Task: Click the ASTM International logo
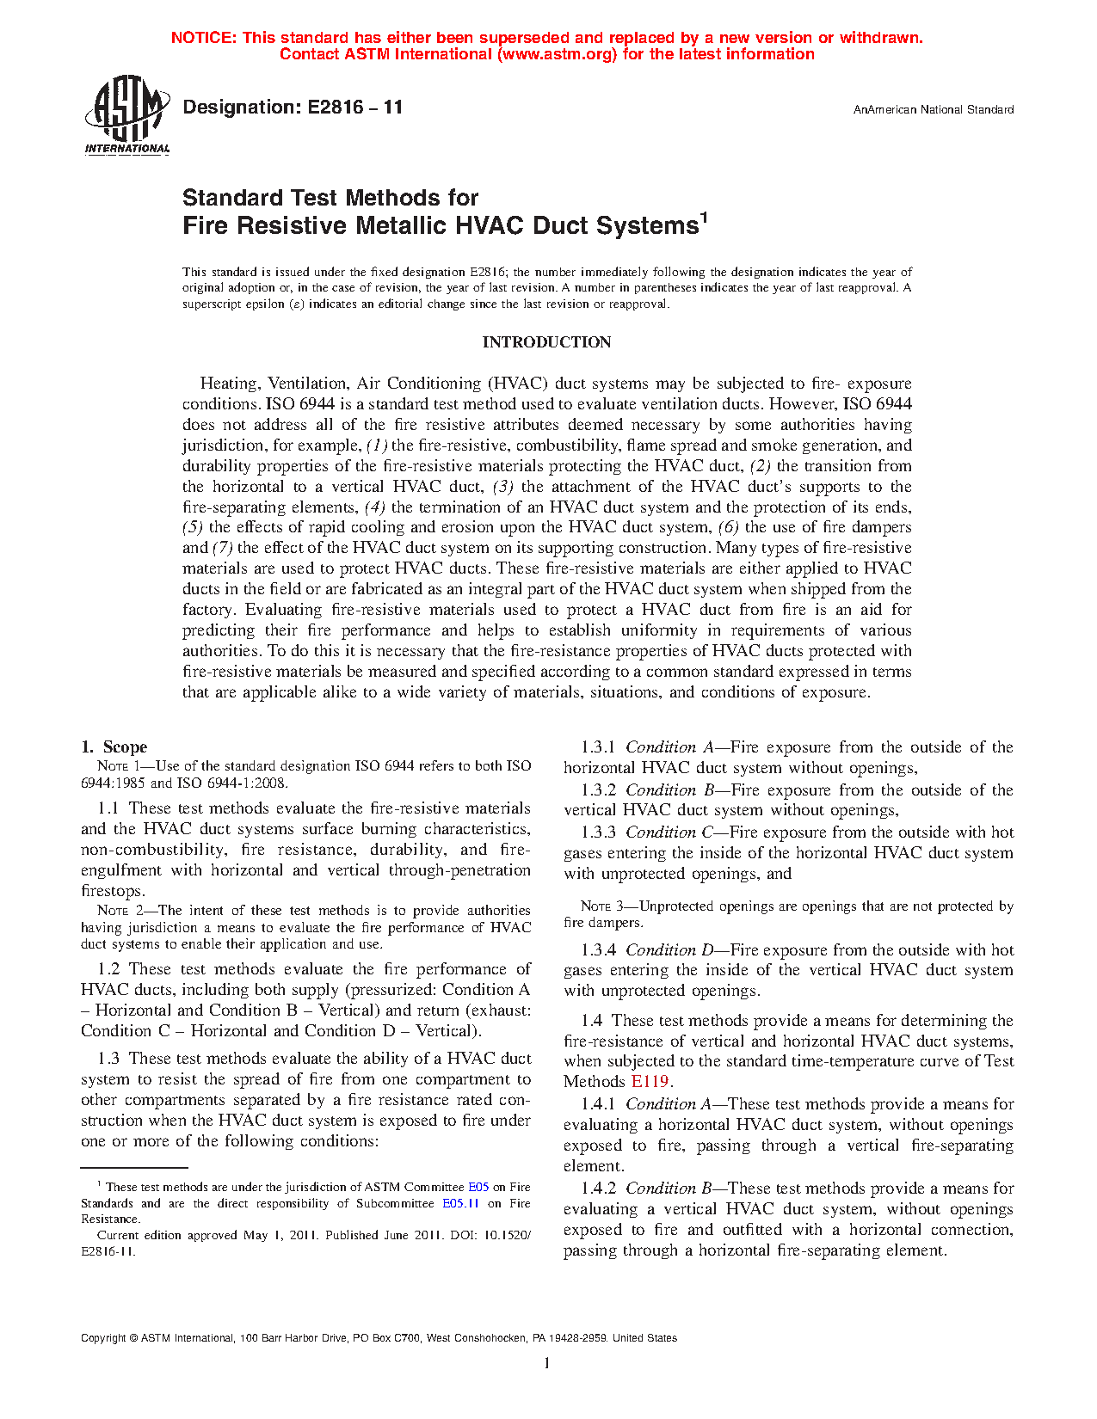126,114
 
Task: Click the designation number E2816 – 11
293,107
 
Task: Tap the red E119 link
650,1082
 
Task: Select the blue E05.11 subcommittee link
460,1204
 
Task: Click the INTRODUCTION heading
546,342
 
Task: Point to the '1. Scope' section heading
114,746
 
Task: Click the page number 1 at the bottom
547,1363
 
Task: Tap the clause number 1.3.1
598,747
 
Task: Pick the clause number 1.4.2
598,1189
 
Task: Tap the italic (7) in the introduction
222,548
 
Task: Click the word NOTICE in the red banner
203,38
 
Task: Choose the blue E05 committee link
478,1188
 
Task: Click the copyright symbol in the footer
133,1338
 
